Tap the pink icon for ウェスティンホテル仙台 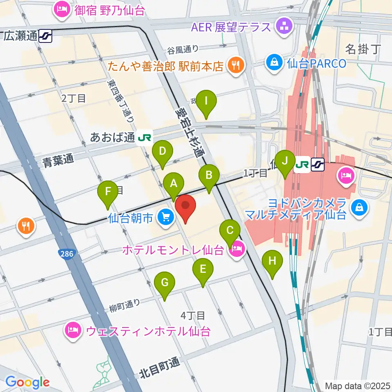[73, 330]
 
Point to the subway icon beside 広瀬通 [45, 36]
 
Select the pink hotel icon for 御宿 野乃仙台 [62, 10]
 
